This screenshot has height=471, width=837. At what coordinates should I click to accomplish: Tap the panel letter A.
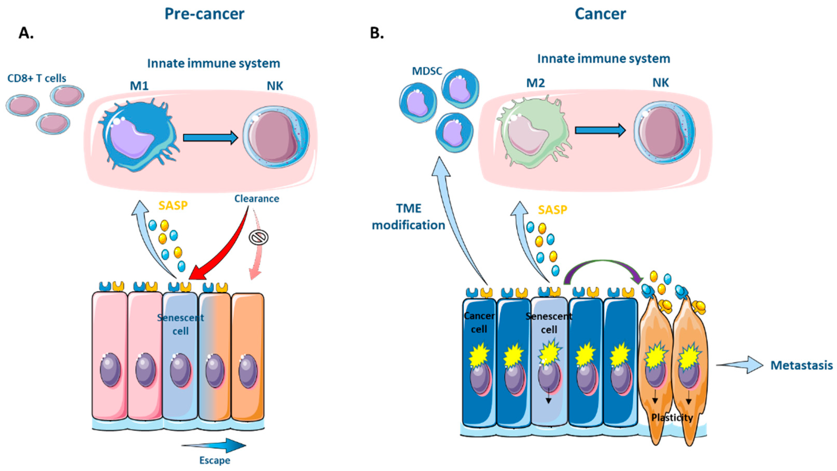click(x=26, y=33)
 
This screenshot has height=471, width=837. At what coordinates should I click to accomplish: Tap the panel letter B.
click(x=377, y=33)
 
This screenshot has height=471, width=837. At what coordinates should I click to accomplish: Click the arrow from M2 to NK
click(x=600, y=130)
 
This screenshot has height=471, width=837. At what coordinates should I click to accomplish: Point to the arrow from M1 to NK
click(x=210, y=138)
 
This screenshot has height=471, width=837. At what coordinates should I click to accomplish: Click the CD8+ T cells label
click(x=37, y=78)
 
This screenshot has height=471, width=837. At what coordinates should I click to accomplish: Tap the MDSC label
click(x=427, y=71)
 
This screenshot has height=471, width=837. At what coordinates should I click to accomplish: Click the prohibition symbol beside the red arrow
click(x=259, y=237)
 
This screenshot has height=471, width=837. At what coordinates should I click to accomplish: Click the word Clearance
click(x=257, y=199)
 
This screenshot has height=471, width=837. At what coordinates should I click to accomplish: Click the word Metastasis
click(x=802, y=365)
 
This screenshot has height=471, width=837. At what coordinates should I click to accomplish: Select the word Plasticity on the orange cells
click(x=672, y=418)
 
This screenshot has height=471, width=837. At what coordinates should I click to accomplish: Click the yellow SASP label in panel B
click(x=552, y=210)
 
